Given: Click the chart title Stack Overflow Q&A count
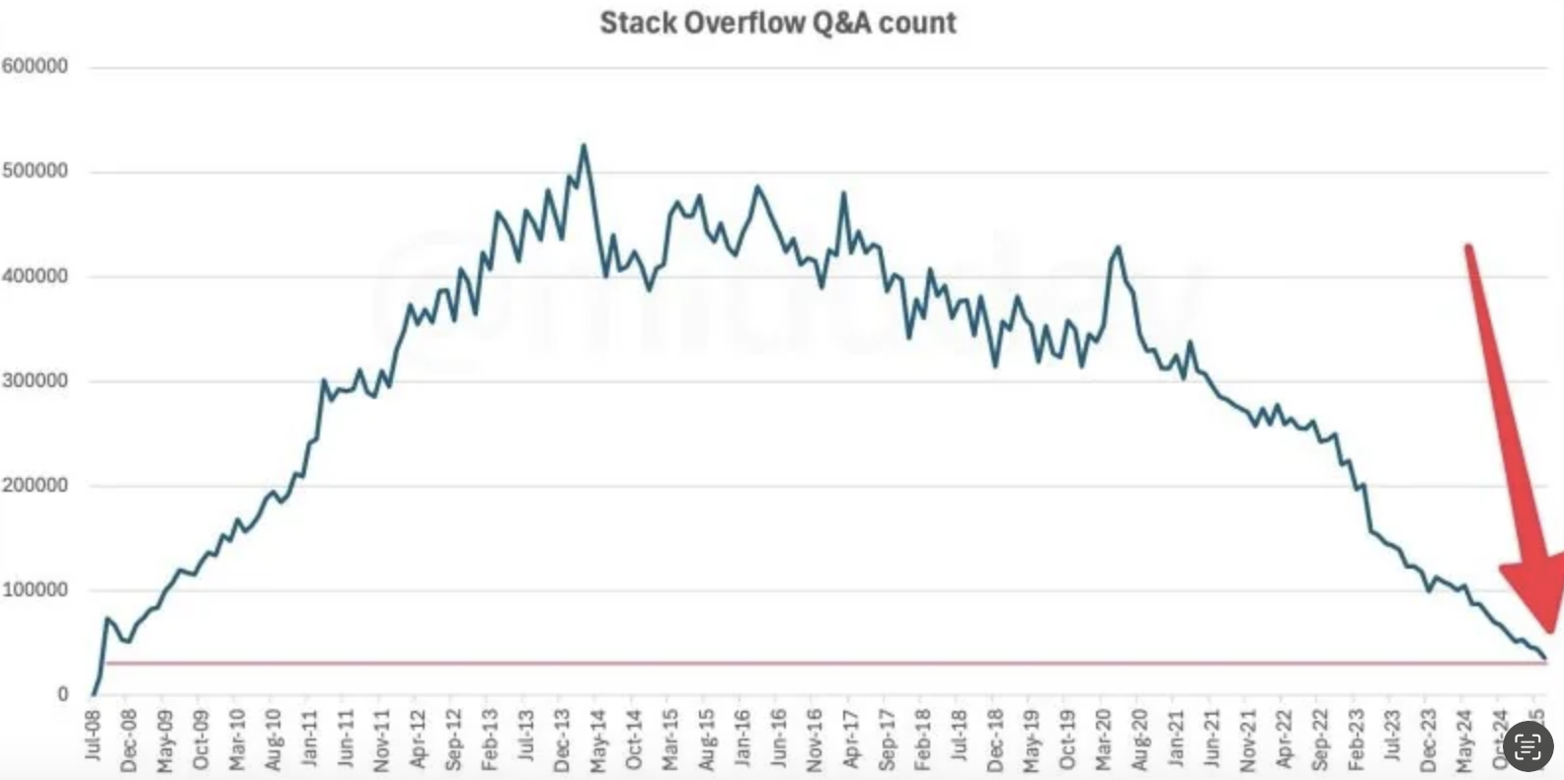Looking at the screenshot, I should click(x=778, y=23).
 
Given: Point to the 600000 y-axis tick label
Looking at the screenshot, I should click(x=36, y=66).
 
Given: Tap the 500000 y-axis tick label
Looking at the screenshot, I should click(x=36, y=171).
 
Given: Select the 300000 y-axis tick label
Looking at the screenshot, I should click(x=36, y=380).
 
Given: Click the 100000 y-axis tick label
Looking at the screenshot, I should click(x=36, y=589).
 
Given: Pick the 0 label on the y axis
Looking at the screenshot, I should click(x=62, y=694).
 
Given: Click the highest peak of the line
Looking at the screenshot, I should click(x=584, y=146).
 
